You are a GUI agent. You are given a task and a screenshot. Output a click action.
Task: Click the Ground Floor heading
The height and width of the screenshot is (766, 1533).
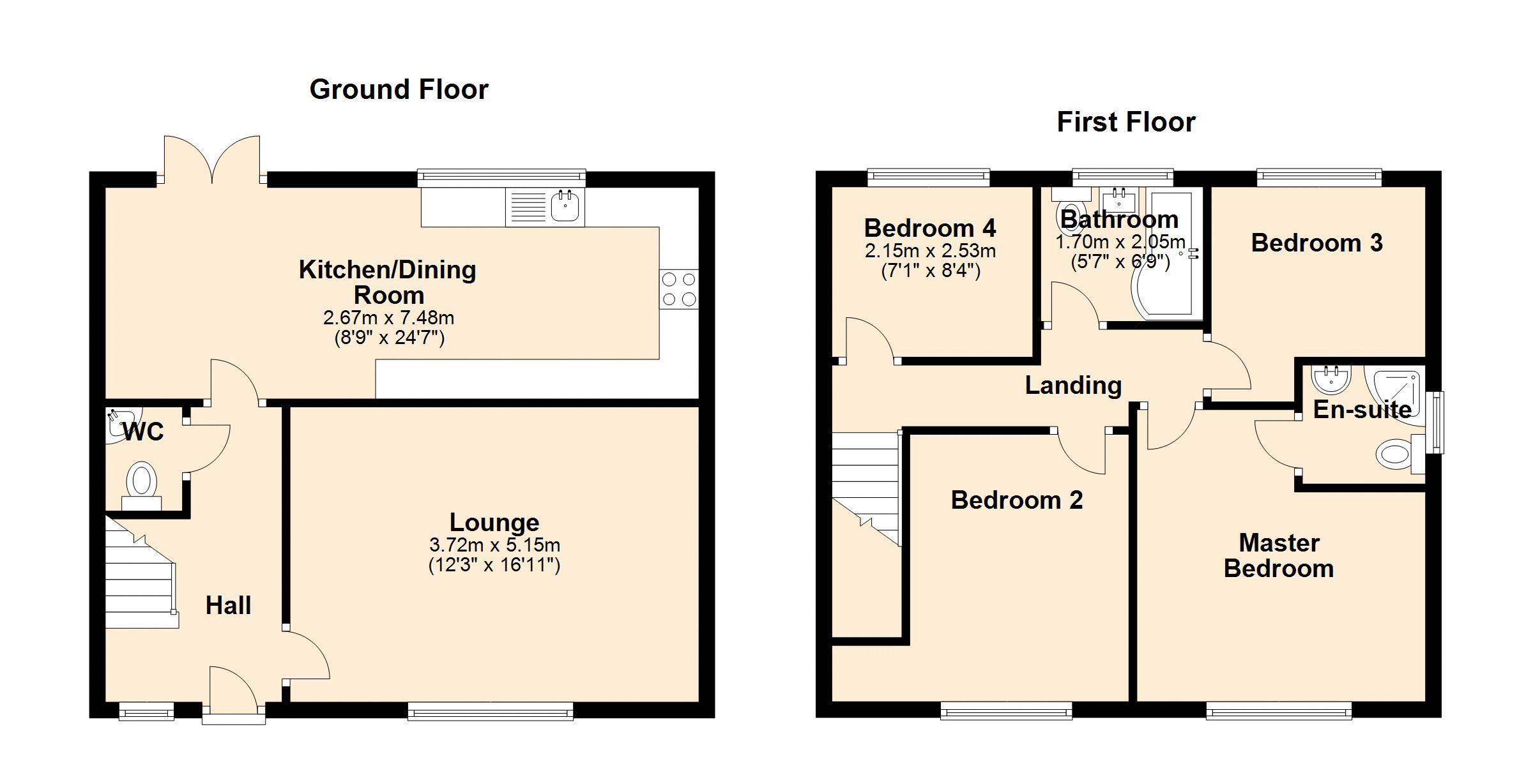pos(399,89)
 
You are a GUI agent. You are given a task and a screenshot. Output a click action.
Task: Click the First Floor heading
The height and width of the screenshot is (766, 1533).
pos(1126,122)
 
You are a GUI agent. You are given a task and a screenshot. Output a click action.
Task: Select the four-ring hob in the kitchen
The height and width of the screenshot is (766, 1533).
pos(679,289)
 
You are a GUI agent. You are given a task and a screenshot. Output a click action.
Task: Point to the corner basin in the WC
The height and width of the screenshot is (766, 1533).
pos(119,423)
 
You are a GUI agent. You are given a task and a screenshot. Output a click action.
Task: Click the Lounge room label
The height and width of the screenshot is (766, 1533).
pos(494,522)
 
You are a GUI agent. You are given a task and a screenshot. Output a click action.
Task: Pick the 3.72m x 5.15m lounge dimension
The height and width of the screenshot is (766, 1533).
pos(494,545)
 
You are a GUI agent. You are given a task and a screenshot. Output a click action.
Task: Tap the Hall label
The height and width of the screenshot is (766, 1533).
pos(228,605)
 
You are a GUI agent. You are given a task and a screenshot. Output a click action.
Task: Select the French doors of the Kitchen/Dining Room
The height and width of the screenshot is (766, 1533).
pos(212,160)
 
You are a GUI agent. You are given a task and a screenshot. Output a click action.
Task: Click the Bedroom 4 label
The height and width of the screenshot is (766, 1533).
pos(930,228)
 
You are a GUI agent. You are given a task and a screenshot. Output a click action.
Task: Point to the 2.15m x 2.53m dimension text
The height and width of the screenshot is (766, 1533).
pos(930,251)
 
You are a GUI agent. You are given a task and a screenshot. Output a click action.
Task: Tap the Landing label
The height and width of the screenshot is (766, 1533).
pos(1073,386)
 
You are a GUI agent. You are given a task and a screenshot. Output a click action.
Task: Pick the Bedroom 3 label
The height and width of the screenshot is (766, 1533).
pos(1316,243)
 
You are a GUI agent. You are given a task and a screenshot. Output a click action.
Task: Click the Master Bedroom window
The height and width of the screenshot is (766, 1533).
pos(1279,710)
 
